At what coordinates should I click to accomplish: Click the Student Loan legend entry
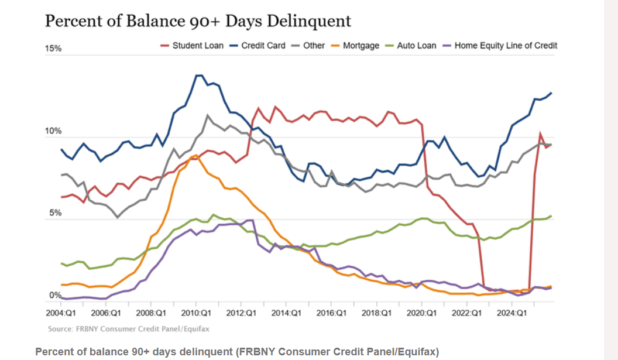click(x=197, y=45)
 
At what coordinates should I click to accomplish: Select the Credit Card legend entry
click(x=263, y=45)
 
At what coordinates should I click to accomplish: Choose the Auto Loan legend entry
click(x=416, y=45)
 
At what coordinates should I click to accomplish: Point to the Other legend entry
click(x=314, y=45)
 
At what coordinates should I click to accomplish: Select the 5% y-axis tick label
click(x=54, y=213)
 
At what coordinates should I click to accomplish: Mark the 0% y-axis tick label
click(x=54, y=295)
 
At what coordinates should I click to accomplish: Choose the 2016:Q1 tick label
click(x=332, y=313)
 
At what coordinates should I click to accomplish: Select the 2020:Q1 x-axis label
click(x=423, y=313)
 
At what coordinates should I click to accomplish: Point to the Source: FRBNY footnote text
click(x=129, y=329)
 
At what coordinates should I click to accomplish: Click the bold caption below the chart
click(x=236, y=351)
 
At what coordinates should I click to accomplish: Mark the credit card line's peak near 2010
click(x=198, y=75)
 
